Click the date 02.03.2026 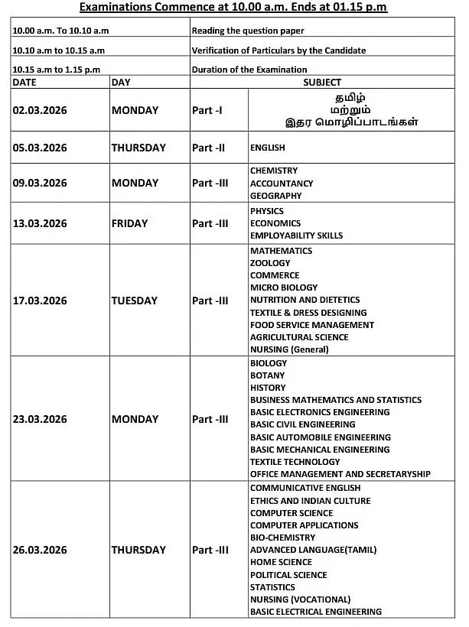point(40,110)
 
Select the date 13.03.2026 point(40,223)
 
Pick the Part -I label point(207,110)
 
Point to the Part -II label point(209,148)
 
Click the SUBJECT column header point(322,82)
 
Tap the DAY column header point(121,82)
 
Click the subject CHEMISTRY point(274,171)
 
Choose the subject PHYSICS point(267,211)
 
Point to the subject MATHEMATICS point(281,251)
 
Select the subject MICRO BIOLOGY point(284,288)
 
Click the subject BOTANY point(267,375)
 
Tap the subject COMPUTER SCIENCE point(291,513)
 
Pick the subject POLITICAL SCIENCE point(288,575)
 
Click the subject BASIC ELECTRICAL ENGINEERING point(316,612)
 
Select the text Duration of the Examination point(249,70)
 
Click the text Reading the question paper point(248,31)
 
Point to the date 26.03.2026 point(40,550)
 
